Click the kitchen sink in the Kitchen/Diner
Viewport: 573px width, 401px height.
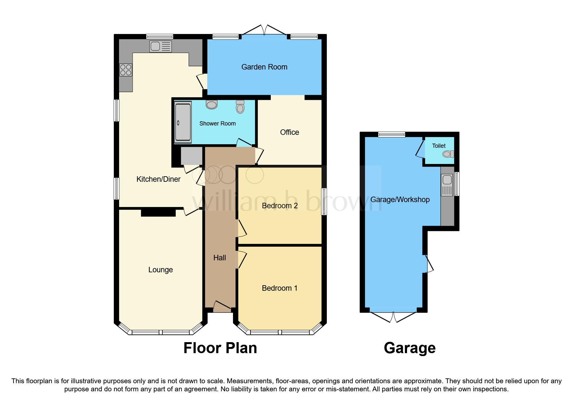point(160,47)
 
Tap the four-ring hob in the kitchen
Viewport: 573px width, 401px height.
point(126,70)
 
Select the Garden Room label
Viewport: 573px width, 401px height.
point(264,67)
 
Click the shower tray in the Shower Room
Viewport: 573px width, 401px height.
point(183,122)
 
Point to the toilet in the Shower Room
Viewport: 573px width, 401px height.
point(240,107)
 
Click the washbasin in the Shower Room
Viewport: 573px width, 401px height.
point(212,104)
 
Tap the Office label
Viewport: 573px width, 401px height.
point(289,132)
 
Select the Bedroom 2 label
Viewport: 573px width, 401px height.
point(280,206)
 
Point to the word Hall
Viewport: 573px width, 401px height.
point(219,258)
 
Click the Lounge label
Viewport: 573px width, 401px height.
point(160,270)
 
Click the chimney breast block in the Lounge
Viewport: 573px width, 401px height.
point(158,213)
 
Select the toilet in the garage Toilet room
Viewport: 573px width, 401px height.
point(448,154)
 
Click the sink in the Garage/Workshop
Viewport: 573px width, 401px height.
point(447,185)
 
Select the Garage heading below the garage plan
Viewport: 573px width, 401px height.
point(409,348)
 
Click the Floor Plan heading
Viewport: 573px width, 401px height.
point(220,348)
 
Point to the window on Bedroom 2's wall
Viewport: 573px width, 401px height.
point(324,201)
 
